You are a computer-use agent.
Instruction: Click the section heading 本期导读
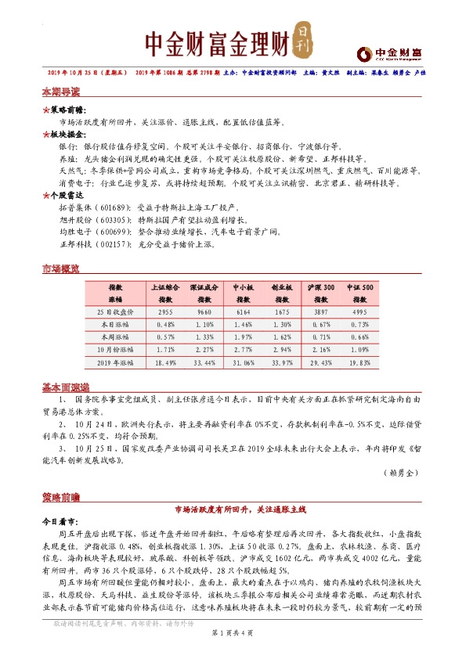coord(60,92)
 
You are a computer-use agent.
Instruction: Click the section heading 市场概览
coord(60,270)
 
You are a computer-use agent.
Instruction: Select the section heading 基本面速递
coord(66,387)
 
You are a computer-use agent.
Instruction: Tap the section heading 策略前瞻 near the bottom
coord(60,497)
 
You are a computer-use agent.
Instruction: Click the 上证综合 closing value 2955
coord(165,311)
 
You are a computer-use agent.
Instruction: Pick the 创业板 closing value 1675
coord(283,311)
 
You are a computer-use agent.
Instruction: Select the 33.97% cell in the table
coord(283,364)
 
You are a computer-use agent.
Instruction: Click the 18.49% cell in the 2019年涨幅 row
coord(165,364)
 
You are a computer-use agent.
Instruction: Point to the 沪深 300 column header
coord(322,288)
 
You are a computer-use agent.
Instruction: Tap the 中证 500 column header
coord(361,288)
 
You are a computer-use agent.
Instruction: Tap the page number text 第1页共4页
coord(233,632)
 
